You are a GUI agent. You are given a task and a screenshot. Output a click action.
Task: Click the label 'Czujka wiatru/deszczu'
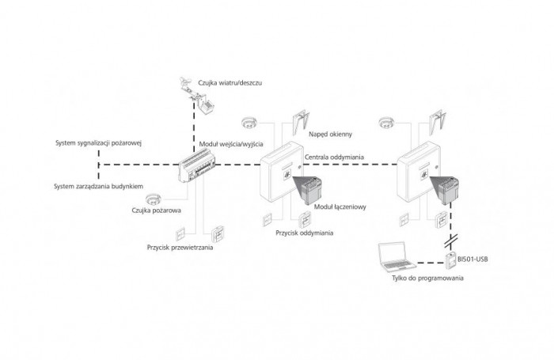pyautogui.click(x=230, y=83)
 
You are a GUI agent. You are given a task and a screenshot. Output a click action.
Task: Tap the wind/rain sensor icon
pyautogui.click(x=198, y=95)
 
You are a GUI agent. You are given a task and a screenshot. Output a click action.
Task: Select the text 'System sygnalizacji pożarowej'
pyautogui.click(x=99, y=143)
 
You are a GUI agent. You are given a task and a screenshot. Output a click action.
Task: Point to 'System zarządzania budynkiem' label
pyautogui.click(x=99, y=186)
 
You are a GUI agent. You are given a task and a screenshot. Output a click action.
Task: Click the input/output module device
pyautogui.click(x=197, y=165)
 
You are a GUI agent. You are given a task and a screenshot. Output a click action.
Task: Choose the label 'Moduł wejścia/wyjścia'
pyautogui.click(x=231, y=144)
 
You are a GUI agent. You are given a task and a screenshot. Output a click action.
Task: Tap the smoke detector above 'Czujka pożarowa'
pyautogui.click(x=154, y=199)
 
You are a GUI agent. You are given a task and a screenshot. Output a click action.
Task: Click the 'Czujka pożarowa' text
pyautogui.click(x=157, y=210)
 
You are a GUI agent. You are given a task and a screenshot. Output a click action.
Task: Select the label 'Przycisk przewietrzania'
pyautogui.click(x=180, y=248)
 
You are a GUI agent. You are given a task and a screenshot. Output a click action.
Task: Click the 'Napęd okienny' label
pyautogui.click(x=330, y=135)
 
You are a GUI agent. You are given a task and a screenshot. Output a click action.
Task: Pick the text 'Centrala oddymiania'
pyautogui.click(x=334, y=157)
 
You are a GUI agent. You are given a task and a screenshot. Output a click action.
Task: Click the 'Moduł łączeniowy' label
pyautogui.click(x=340, y=207)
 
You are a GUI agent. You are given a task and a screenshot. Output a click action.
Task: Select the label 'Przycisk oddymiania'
pyautogui.click(x=305, y=233)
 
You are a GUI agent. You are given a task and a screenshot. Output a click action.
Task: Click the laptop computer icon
pyautogui.click(x=396, y=257)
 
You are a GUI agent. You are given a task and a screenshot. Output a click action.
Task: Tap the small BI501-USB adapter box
pyautogui.click(x=450, y=261)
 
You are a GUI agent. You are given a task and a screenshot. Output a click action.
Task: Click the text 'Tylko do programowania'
pyautogui.click(x=427, y=278)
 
